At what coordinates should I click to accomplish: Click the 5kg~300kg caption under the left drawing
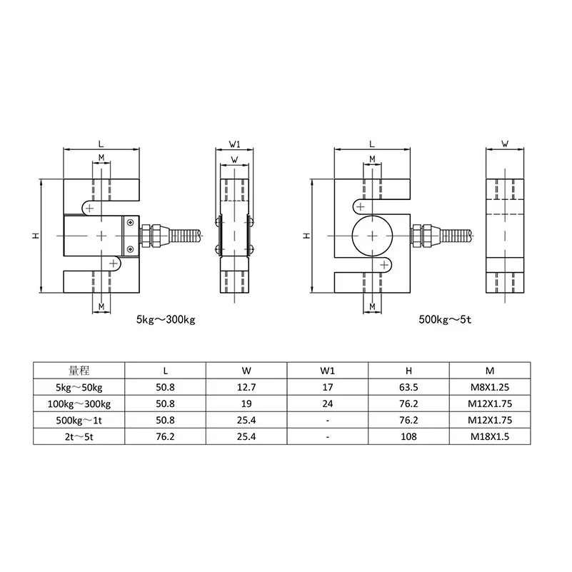click(165, 320)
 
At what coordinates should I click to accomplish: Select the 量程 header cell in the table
click(79, 371)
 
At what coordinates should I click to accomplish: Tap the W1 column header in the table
click(327, 371)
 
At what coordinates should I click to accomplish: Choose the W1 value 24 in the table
click(327, 403)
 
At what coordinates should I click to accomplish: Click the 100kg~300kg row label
click(79, 403)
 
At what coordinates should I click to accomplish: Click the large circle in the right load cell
click(372, 235)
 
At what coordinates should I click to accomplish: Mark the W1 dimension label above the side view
click(234, 144)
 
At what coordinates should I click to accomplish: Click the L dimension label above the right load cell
click(372, 144)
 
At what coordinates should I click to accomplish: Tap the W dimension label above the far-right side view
click(505, 144)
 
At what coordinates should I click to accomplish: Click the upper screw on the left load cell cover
click(129, 223)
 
